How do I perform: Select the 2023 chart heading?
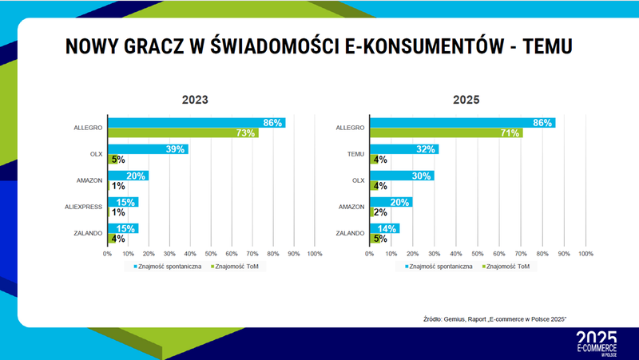[194, 101]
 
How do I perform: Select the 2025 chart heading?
[465, 101]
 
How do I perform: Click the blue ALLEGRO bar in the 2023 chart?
[196, 123]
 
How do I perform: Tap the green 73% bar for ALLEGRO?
[183, 133]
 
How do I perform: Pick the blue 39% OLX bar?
[148, 149]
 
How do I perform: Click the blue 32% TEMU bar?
[403, 149]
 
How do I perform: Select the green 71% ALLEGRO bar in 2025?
[446, 133]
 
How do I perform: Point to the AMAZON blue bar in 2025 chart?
[391, 202]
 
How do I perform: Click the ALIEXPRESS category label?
[84, 207]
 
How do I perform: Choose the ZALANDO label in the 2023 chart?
[87, 233]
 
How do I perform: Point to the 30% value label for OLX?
[423, 176]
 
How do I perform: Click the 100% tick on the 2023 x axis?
[314, 253]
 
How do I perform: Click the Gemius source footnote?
[494, 318]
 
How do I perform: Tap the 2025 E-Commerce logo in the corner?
[596, 342]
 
